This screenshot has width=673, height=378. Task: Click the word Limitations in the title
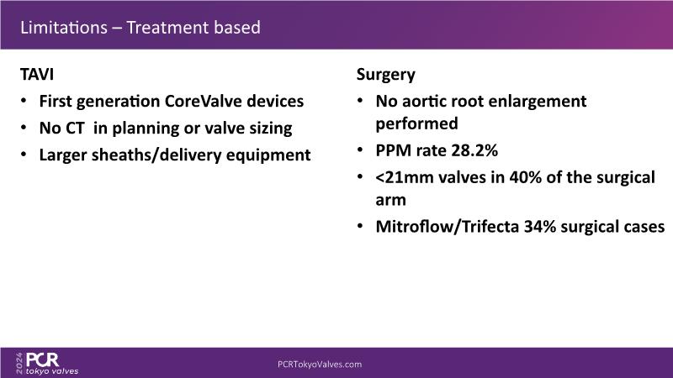click(x=64, y=28)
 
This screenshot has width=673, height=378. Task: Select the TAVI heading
click(x=37, y=75)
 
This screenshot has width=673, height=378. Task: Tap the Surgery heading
click(x=386, y=75)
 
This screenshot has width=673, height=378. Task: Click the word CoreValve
click(x=203, y=101)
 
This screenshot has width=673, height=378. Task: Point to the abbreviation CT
click(x=74, y=129)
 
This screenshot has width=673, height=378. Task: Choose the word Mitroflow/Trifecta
click(x=448, y=226)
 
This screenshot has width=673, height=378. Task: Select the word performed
click(x=416, y=123)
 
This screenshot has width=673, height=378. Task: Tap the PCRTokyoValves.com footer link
click(x=320, y=365)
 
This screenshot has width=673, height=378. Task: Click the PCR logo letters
click(x=43, y=360)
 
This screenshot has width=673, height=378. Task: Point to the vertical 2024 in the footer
click(x=19, y=364)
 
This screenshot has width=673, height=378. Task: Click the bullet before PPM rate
click(x=361, y=150)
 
